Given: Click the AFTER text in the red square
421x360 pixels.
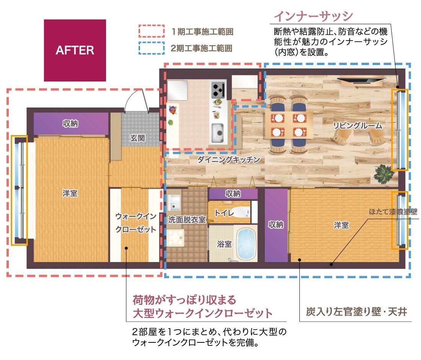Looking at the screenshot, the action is (x=75, y=50).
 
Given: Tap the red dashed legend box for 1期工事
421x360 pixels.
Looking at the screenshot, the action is (x=152, y=31).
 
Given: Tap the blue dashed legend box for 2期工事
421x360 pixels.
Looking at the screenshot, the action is (x=152, y=48).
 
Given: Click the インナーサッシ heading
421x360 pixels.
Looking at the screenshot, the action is (x=313, y=16).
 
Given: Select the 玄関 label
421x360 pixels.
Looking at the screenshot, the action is (x=137, y=138).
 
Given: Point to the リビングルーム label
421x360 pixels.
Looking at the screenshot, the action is (x=357, y=125).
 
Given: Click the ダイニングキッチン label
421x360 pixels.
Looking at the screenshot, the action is (x=229, y=160).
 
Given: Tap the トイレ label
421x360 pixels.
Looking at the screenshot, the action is (x=224, y=213).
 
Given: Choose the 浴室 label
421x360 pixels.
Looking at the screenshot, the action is (x=224, y=244).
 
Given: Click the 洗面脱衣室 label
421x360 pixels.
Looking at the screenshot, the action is (x=187, y=220).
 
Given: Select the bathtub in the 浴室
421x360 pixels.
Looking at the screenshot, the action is (x=246, y=244).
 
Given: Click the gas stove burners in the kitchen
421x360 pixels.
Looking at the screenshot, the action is (x=217, y=90).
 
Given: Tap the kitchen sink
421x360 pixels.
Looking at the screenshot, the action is (x=217, y=133).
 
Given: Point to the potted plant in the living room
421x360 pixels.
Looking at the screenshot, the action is (x=384, y=174).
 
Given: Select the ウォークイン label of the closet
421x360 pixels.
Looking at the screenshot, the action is (x=136, y=216).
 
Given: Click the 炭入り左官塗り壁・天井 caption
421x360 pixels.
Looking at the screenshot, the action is (x=357, y=312).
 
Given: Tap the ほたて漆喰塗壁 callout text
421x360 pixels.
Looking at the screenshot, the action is (x=393, y=212).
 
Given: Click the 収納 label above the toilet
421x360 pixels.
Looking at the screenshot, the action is (x=233, y=193).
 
